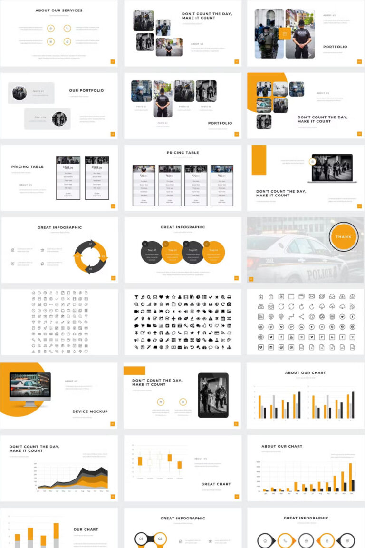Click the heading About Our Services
coord(59,10)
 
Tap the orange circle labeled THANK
coord(343,237)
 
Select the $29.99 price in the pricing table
coord(144,176)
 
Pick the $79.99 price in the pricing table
coord(195,176)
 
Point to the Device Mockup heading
coord(90,411)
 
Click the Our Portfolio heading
coord(86,90)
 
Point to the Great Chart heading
coord(216,484)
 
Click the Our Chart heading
coord(86,529)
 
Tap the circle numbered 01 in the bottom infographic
coord(140,539)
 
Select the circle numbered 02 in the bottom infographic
coord(160,539)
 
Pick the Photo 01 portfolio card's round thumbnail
coord(19,93)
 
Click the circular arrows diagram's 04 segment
coord(90,269)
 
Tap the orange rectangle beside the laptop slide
coord(259,160)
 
